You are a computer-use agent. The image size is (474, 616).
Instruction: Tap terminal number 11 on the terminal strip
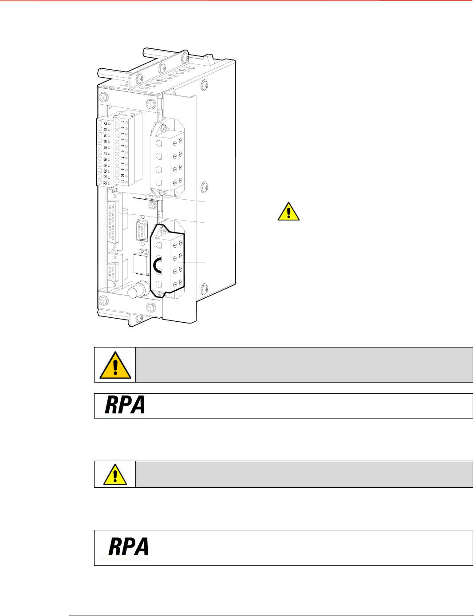click(x=122, y=181)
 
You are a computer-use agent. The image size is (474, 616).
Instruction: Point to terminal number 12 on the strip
click(x=105, y=123)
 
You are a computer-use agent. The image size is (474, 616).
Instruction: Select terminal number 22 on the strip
click(x=105, y=182)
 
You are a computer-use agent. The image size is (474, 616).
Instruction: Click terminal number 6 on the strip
click(x=122, y=151)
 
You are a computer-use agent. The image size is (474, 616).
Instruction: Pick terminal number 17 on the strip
click(x=105, y=153)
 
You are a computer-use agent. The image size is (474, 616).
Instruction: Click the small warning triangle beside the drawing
click(x=288, y=212)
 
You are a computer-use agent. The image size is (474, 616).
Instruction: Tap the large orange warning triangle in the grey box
click(x=115, y=365)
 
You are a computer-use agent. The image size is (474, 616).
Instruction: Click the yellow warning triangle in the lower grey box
click(x=115, y=474)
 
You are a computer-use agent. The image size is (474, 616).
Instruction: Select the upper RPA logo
click(x=124, y=405)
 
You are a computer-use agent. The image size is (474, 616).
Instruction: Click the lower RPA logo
click(x=128, y=547)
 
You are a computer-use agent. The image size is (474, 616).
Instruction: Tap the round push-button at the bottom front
click(x=133, y=292)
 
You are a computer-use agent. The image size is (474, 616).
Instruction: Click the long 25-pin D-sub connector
click(x=113, y=221)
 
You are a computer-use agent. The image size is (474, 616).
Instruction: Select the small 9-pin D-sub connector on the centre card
click(x=142, y=230)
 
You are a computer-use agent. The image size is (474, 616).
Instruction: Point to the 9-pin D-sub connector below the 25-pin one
click(x=112, y=272)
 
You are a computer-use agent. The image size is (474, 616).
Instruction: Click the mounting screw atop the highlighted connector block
click(x=163, y=231)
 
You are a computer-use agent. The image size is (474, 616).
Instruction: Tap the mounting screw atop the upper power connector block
click(x=163, y=128)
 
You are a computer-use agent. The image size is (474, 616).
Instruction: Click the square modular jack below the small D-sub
click(x=141, y=265)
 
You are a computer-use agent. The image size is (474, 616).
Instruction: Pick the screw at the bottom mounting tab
click(x=138, y=317)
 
